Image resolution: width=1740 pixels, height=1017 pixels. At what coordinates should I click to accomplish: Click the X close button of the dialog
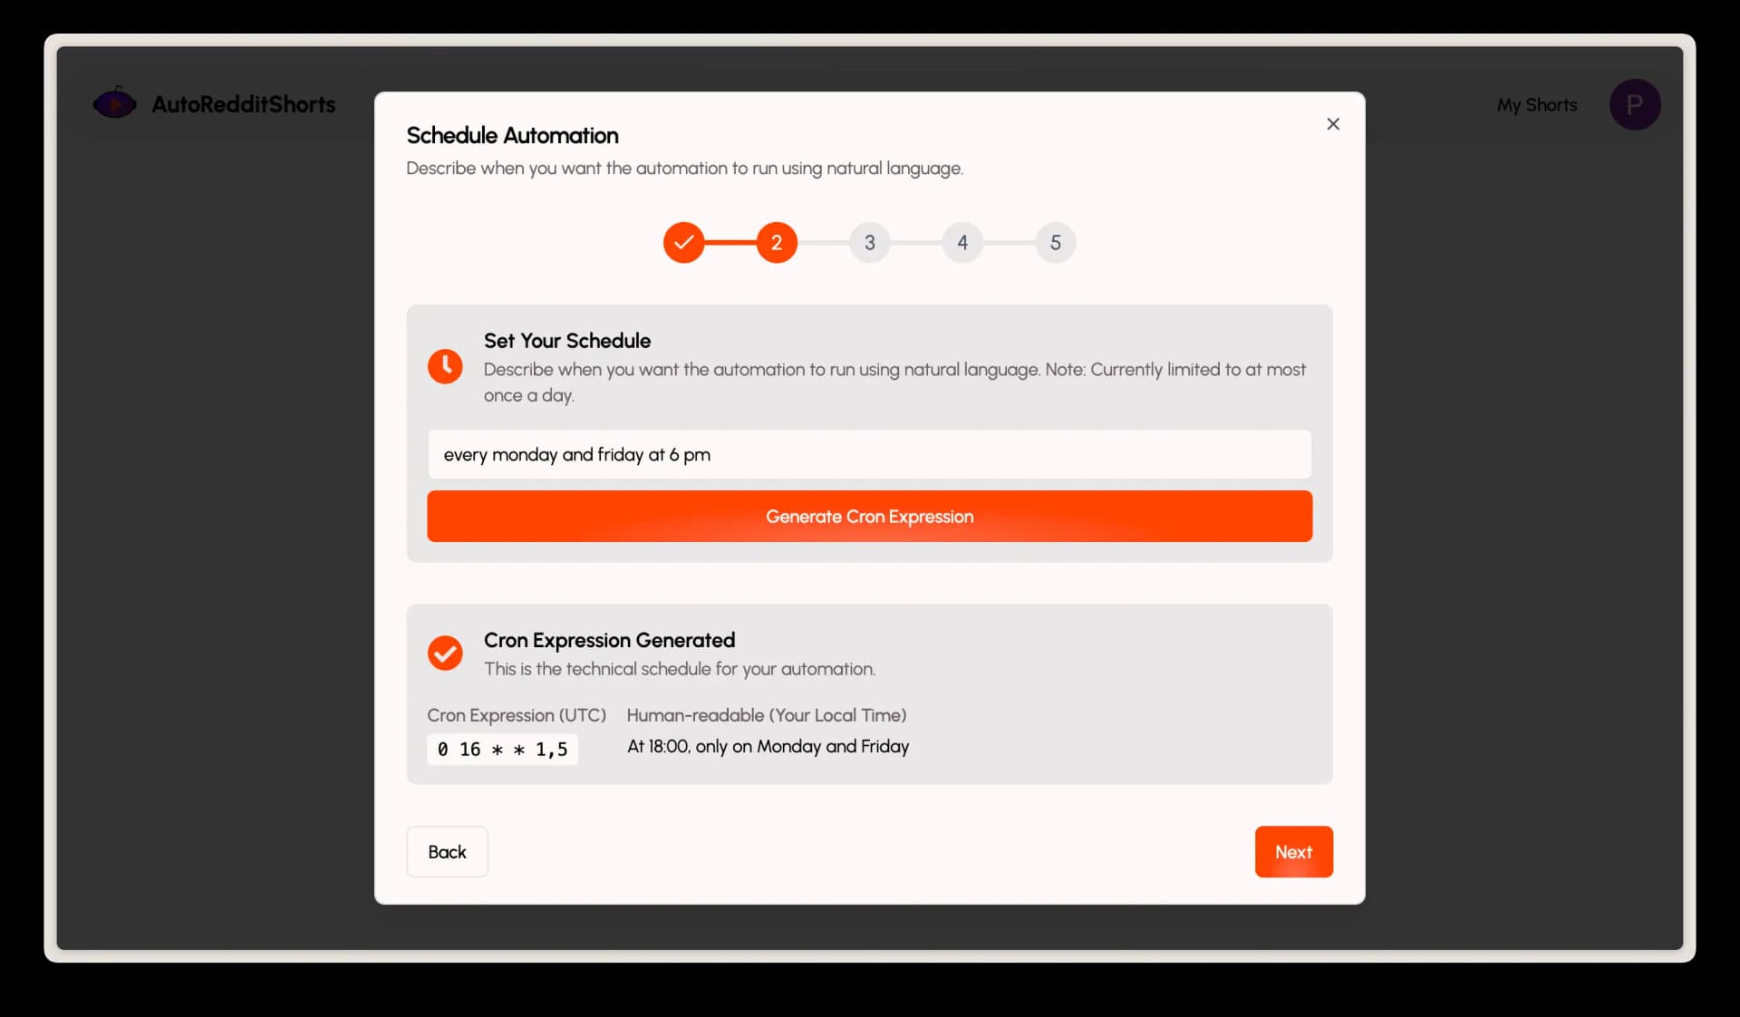pos(1332,124)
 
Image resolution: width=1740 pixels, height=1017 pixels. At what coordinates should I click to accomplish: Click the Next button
pos(1293,851)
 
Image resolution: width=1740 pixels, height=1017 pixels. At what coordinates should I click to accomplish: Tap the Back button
pos(447,851)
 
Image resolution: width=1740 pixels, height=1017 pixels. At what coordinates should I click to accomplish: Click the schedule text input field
pos(869,454)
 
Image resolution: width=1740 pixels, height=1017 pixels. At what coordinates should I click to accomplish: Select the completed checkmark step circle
pos(683,242)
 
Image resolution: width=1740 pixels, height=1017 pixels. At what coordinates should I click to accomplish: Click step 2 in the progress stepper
pos(777,242)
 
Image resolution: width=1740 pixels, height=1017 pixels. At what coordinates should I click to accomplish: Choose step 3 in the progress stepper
pos(869,242)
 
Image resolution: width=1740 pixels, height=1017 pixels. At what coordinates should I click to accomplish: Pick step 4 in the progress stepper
pos(962,242)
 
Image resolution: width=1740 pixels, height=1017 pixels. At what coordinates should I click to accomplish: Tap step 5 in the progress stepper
pos(1055,242)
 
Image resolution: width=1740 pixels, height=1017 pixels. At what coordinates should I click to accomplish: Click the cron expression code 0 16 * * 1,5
pos(502,749)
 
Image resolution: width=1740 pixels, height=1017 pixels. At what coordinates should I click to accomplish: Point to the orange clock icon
pos(445,366)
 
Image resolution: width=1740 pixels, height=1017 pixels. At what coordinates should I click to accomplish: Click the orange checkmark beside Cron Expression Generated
pos(445,653)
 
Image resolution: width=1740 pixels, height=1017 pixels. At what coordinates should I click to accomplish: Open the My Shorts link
pos(1537,105)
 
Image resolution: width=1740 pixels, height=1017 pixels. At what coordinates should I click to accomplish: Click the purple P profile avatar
pos(1635,104)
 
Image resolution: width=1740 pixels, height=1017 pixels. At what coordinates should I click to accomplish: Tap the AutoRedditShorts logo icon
pos(115,103)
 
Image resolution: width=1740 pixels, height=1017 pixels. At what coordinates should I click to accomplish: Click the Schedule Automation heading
pos(512,135)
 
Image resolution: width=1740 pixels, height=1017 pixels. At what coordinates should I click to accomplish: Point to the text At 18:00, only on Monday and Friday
pos(768,746)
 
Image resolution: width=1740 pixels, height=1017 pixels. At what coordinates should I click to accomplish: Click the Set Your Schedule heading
pos(567,341)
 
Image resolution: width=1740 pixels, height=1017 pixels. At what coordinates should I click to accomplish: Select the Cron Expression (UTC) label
pos(517,715)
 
